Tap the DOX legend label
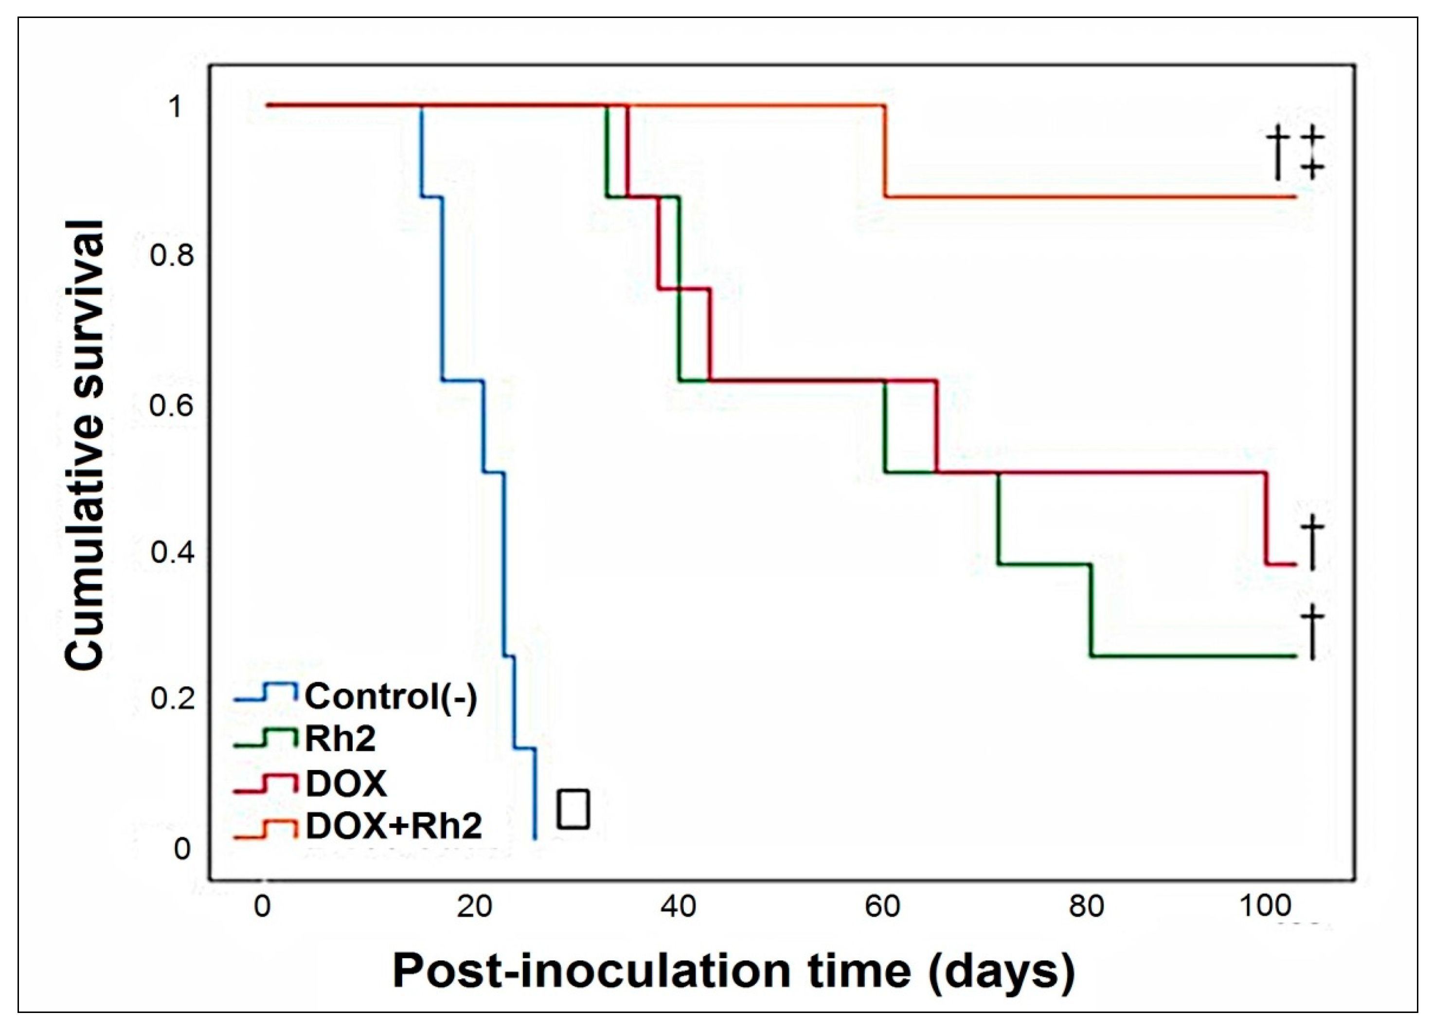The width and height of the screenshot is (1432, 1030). point(346,783)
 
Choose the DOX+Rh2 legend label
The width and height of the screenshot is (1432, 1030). point(394,826)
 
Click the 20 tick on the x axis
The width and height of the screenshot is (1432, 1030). point(475,907)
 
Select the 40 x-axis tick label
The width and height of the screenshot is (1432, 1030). point(678,907)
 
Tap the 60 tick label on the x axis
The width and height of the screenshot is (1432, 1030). point(882,907)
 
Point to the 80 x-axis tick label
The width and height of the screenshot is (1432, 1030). point(1086,907)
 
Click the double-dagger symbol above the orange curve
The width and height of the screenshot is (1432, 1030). point(1311,152)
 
